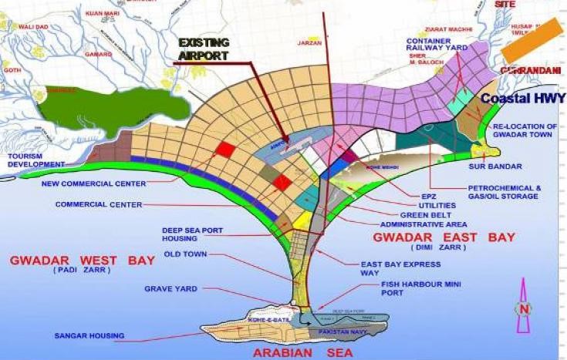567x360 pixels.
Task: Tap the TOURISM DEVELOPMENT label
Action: click(x=35, y=160)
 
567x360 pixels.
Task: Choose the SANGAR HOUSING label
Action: click(x=89, y=336)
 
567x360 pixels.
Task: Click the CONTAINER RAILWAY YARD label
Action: click(x=437, y=43)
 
